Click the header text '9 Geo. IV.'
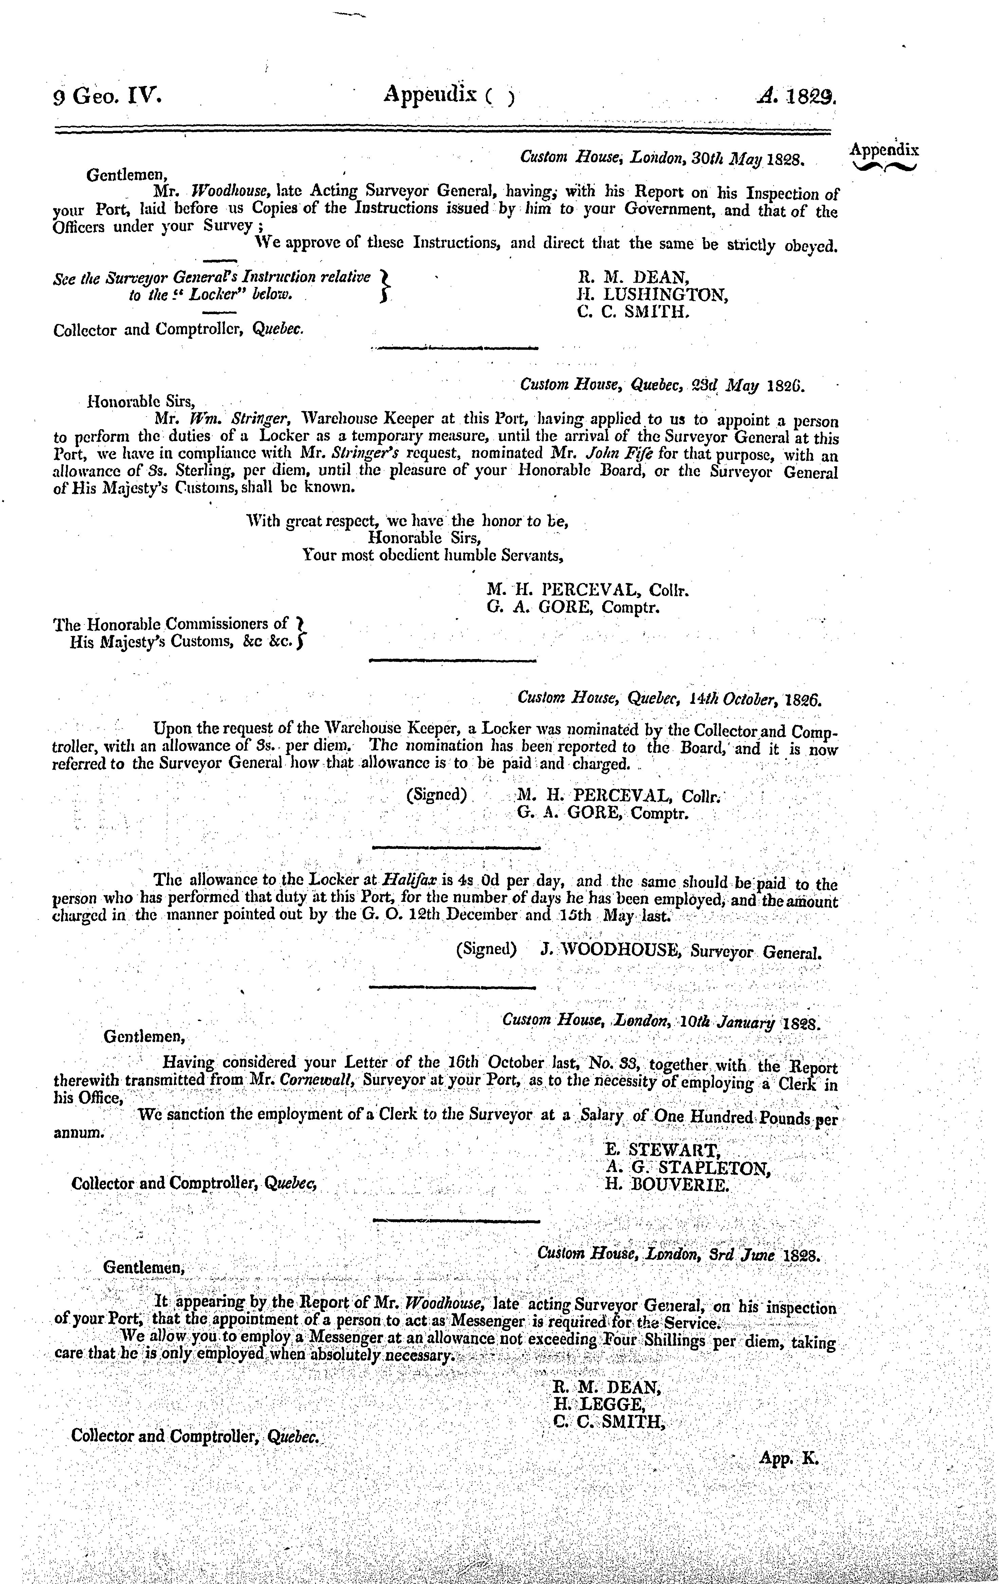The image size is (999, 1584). tap(107, 97)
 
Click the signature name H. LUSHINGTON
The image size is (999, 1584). tap(652, 295)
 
